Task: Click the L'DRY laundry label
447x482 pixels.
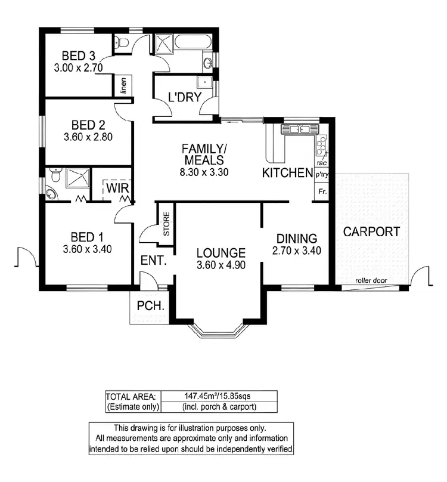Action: point(184,97)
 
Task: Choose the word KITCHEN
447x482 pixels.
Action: point(288,173)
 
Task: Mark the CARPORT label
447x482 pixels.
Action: point(372,232)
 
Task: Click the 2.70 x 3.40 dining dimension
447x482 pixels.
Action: point(297,251)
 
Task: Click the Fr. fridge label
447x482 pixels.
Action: point(322,192)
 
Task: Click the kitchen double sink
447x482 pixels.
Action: point(296,129)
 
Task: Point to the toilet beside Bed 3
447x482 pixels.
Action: point(122,42)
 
